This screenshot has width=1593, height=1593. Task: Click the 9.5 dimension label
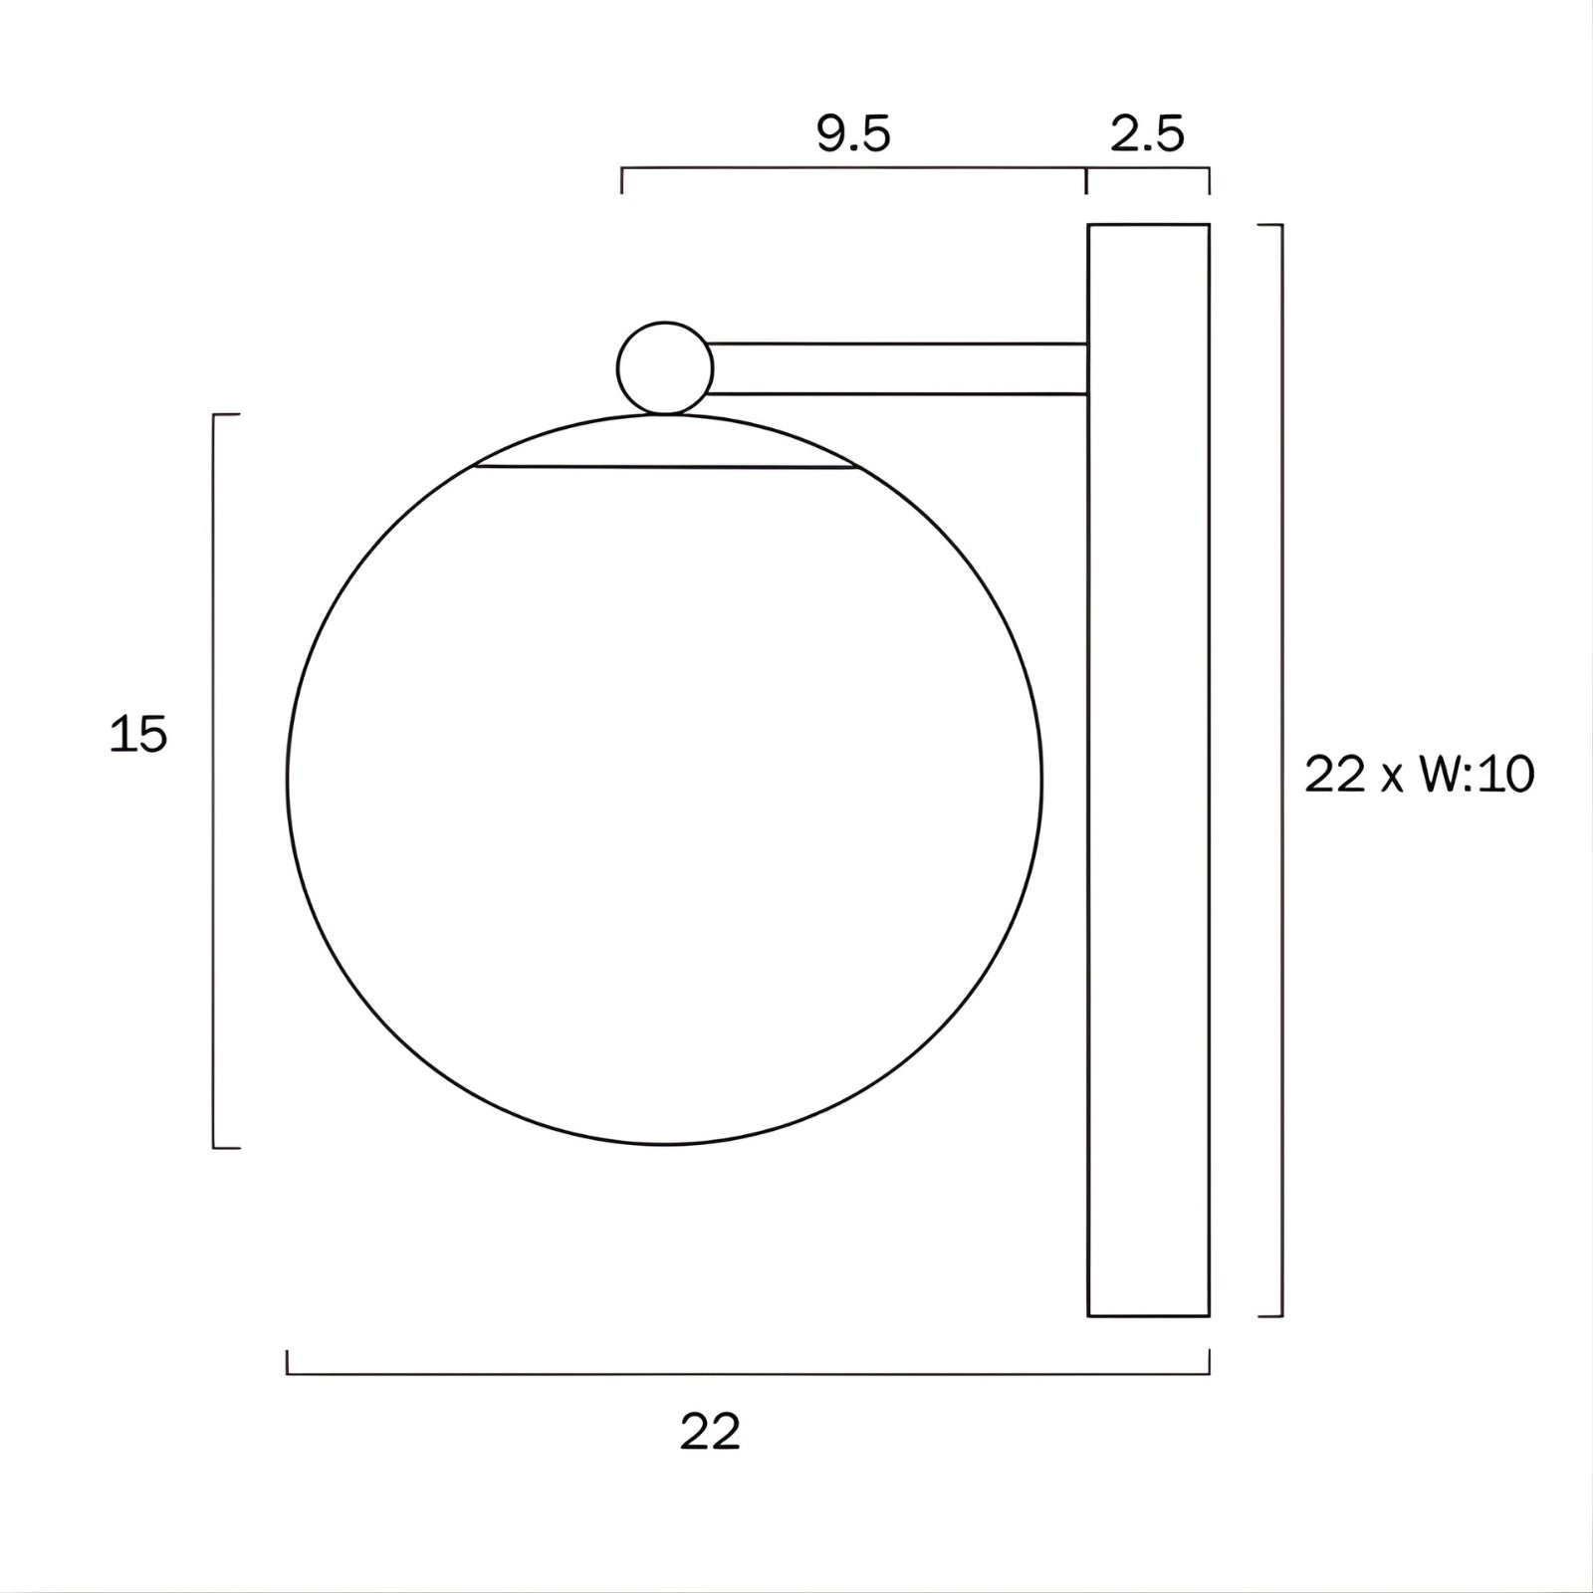point(853,134)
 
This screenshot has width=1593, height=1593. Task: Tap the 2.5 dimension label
point(1147,134)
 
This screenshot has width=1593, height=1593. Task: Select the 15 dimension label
point(138,736)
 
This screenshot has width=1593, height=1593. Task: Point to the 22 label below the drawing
point(710,1433)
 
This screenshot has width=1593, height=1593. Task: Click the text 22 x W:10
point(1419,775)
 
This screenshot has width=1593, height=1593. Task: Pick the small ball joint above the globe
point(665,367)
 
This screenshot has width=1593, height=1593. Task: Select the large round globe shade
point(665,796)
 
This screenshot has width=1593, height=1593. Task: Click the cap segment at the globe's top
point(665,443)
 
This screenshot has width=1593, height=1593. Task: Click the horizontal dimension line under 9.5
point(853,169)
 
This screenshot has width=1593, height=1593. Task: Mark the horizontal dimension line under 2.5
point(1148,169)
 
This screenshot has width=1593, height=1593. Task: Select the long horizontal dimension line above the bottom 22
point(747,1374)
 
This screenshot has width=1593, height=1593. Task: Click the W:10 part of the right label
point(1478,775)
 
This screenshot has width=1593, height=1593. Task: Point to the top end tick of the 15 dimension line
point(227,414)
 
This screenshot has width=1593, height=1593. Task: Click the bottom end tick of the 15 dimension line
point(227,1148)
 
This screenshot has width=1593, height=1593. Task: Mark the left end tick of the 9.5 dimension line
point(622,181)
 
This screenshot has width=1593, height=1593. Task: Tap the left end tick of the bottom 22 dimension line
point(288,1362)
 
